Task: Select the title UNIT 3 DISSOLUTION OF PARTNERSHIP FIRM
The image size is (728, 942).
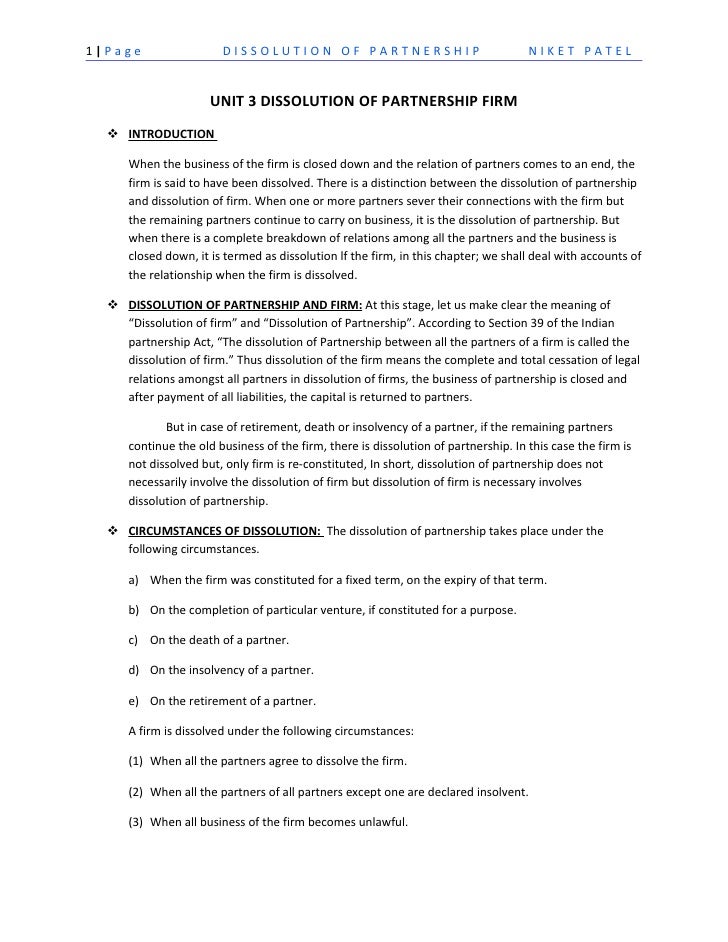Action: click(x=363, y=101)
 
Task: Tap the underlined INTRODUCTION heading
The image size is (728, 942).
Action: click(x=171, y=133)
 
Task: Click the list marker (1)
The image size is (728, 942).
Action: click(x=136, y=761)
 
